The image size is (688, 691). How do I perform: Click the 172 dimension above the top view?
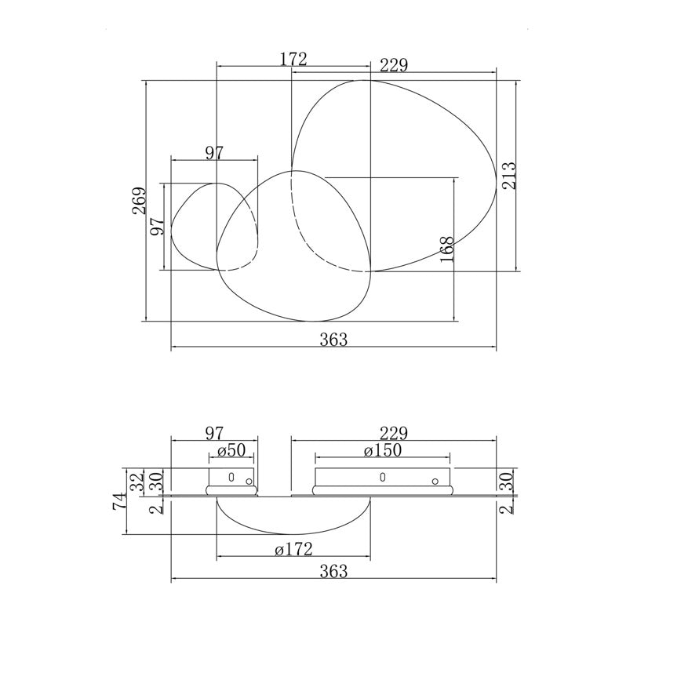[x=293, y=59]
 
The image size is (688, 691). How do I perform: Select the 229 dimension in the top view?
[x=393, y=66]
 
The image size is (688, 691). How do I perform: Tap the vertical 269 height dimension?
[x=139, y=201]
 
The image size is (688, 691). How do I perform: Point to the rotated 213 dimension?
[x=509, y=175]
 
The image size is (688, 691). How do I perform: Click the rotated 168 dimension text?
[x=447, y=249]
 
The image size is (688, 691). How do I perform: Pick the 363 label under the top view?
[x=333, y=340]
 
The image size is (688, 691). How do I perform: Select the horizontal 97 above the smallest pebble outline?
[x=214, y=153]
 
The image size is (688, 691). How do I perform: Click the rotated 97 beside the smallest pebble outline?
[x=157, y=227]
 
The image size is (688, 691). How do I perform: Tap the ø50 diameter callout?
[x=231, y=450]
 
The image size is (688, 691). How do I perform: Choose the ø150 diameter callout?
[x=382, y=450]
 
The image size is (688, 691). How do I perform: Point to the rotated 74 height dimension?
[x=118, y=502]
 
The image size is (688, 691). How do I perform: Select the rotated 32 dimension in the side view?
[x=137, y=482]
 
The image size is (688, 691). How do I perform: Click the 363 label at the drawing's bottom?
[x=333, y=572]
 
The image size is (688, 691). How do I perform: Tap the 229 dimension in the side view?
[x=393, y=433]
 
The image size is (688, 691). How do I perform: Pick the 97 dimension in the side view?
[x=214, y=433]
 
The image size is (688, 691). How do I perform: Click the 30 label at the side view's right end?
[x=507, y=482]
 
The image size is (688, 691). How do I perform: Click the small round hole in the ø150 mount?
[x=435, y=482]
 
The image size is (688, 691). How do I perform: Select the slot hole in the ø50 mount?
[x=231, y=477]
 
